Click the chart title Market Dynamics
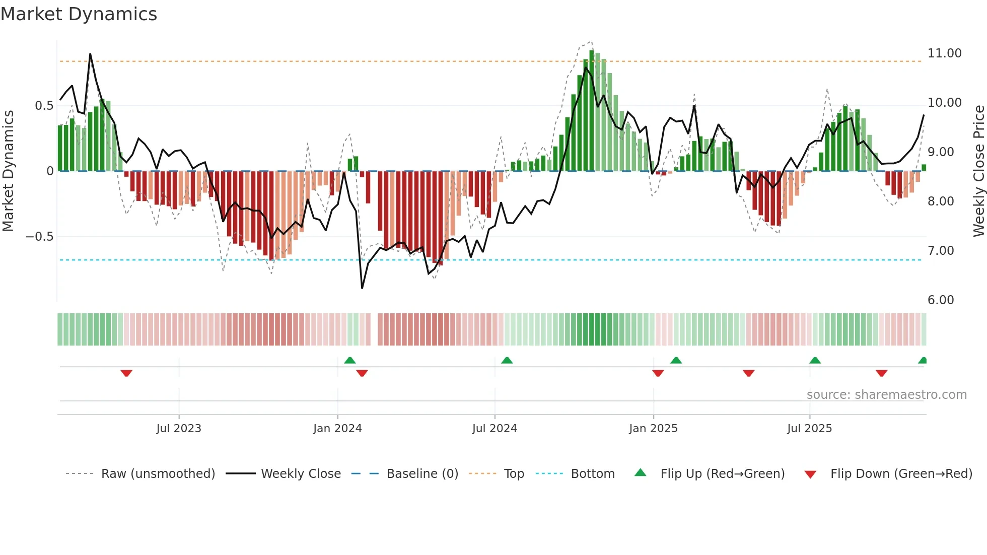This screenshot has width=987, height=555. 79,14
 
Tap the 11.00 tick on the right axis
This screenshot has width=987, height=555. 944,53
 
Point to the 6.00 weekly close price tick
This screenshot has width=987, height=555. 940,300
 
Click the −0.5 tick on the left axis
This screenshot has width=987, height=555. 40,237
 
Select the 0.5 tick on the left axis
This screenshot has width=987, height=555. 44,106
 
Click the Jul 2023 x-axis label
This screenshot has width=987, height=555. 178,429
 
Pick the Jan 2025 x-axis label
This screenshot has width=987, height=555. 653,429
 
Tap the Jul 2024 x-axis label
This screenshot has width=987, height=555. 494,429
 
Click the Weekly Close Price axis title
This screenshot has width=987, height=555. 978,171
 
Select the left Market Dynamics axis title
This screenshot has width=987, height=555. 8,171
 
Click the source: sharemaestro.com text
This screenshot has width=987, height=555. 886,395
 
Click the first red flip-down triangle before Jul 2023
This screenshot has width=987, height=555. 126,373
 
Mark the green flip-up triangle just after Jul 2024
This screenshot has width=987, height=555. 507,360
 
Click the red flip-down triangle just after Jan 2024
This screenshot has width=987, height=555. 362,373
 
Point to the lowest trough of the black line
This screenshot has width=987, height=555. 362,288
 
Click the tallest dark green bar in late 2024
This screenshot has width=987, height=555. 592,111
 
